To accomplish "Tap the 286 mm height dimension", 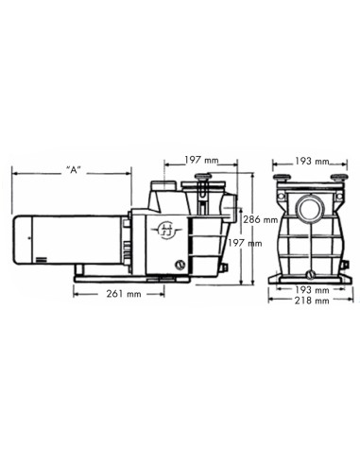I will tap(262, 219).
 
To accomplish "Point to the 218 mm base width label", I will tap(303, 301).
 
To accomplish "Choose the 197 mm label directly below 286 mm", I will tap(261, 244).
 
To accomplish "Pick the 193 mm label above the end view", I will tap(304, 161).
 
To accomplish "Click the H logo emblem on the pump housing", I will tap(166, 228).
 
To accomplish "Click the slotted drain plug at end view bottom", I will tap(304, 266).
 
